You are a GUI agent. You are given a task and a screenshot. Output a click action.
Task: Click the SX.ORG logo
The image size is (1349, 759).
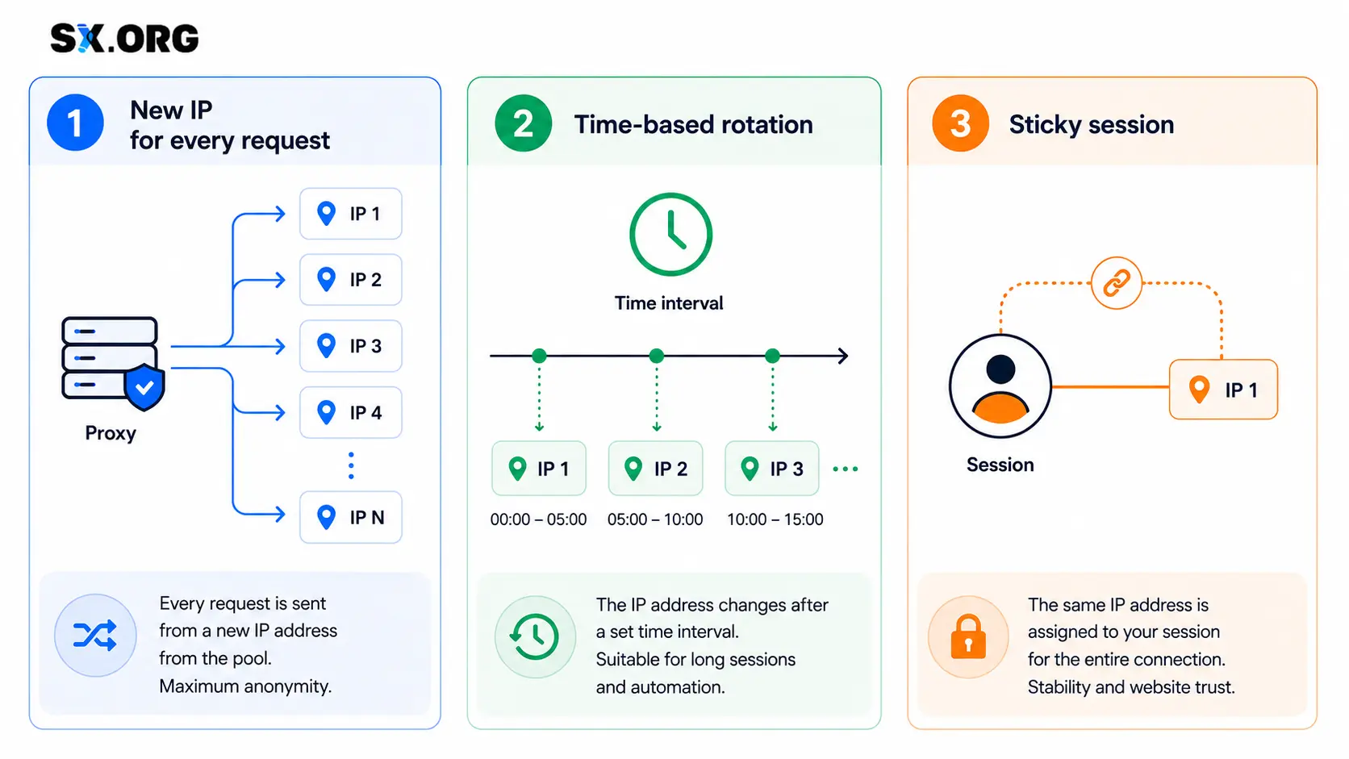[124, 39]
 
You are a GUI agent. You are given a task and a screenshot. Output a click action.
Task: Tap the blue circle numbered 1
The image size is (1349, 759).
[75, 123]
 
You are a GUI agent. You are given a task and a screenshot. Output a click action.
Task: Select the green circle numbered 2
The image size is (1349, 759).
[524, 123]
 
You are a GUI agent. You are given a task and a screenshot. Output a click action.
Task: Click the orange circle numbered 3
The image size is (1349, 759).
[960, 123]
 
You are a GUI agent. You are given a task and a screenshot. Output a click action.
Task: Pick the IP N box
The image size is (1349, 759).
[350, 517]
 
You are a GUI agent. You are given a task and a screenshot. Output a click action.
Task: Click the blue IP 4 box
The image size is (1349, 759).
[350, 412]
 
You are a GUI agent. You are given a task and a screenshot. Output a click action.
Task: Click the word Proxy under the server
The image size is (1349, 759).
[111, 433]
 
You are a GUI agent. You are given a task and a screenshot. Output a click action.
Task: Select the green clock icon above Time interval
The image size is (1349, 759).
[671, 234]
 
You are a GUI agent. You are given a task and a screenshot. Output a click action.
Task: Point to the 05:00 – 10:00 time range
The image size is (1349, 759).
[655, 519]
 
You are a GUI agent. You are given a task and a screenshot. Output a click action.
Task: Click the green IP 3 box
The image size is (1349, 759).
[772, 469]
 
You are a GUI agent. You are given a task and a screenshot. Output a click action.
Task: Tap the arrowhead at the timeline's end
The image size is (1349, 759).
[844, 356]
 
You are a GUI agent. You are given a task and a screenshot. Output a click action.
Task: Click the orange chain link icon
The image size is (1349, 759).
[1117, 283]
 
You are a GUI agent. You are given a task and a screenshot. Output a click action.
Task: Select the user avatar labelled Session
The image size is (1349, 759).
[1000, 386]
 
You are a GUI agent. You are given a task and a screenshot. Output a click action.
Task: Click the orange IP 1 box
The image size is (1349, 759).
[1223, 390]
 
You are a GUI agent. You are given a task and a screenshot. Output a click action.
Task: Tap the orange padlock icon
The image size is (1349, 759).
[968, 637]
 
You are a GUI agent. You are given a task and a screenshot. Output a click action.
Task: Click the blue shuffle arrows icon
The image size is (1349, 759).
[95, 635]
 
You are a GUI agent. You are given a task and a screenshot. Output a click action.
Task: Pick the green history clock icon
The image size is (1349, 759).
[535, 637]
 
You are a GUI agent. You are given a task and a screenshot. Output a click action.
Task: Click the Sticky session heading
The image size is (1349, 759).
[1092, 124]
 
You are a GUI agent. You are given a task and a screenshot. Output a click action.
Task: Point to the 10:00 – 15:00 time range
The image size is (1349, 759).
[775, 519]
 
